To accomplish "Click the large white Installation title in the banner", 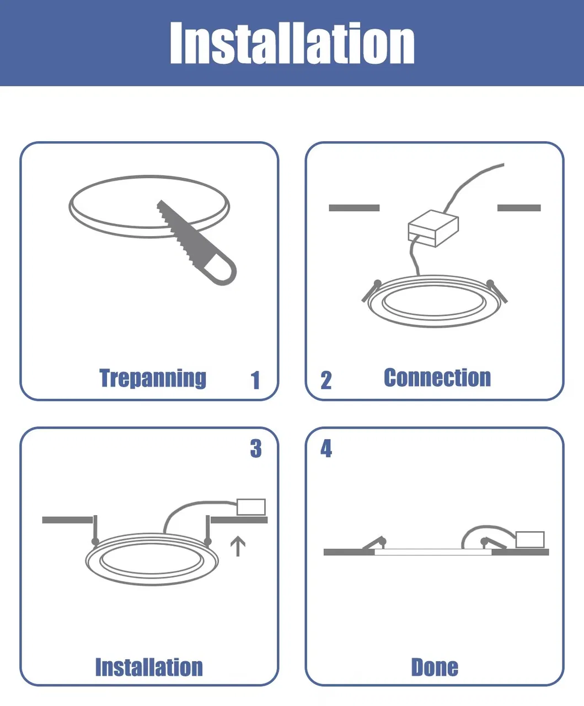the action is [x=292, y=42].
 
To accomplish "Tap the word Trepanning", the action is [x=153, y=378].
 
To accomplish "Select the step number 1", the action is [x=255, y=380].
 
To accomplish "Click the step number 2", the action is [x=326, y=380].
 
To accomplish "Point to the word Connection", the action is [x=437, y=377].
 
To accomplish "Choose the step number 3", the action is [x=256, y=448].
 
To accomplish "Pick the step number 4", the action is [x=326, y=448].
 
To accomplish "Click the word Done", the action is [x=435, y=667].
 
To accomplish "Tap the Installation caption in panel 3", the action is [x=149, y=667].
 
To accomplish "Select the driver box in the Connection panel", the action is [x=433, y=228].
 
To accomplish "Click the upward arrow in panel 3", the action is [x=238, y=546].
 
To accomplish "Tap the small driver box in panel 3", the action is [x=251, y=507].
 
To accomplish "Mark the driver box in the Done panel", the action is [x=530, y=539].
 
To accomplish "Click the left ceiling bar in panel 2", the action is [x=354, y=207].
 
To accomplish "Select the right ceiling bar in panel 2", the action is [x=519, y=207].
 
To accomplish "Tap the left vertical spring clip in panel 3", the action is [x=95, y=530].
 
